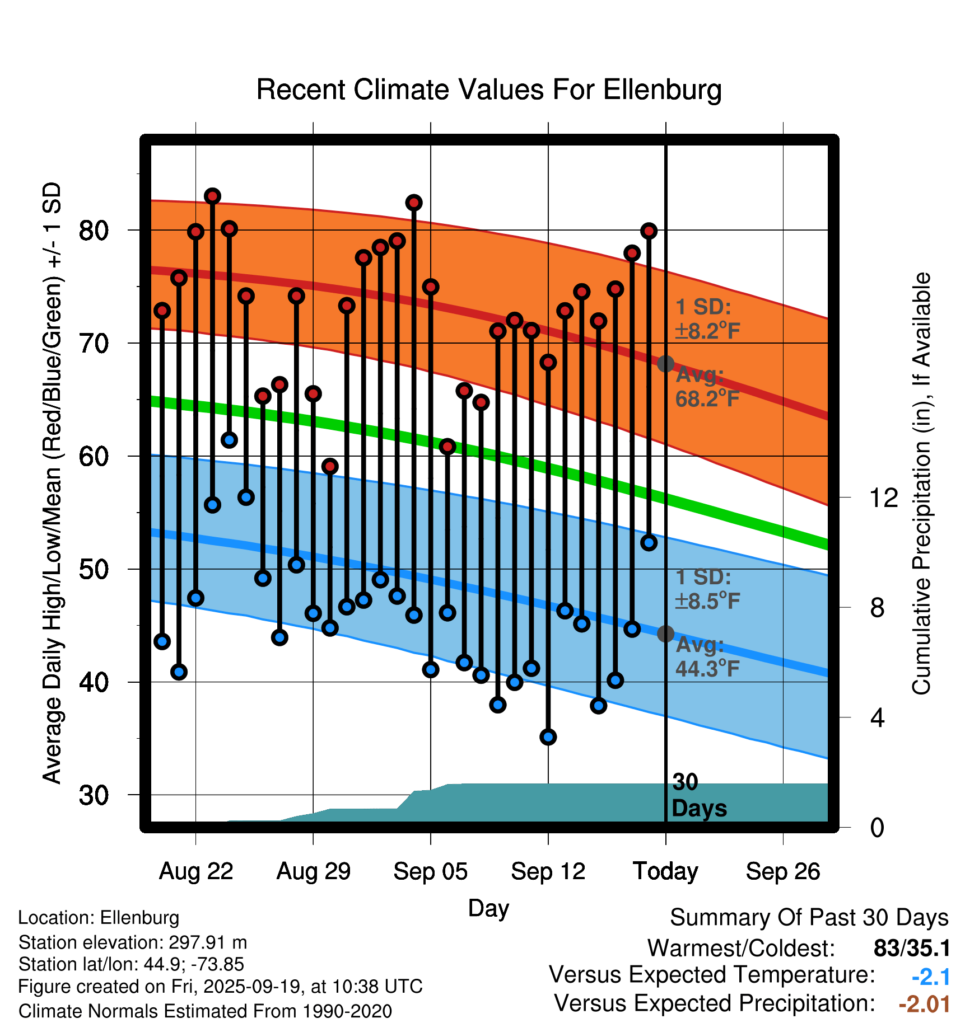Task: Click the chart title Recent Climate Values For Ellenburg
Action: click(489, 90)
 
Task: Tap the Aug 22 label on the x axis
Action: click(196, 871)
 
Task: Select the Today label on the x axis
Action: click(665, 871)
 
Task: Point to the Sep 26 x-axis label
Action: click(783, 871)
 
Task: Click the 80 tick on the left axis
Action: click(94, 230)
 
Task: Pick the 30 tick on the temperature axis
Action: click(94, 795)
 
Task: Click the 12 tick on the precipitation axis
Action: click(884, 498)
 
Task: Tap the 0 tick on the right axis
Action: click(878, 827)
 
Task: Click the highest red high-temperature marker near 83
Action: click(212, 196)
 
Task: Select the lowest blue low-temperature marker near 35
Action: click(548, 736)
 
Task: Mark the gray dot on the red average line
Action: click(665, 364)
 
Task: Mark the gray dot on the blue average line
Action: click(665, 633)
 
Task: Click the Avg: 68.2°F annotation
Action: click(707, 387)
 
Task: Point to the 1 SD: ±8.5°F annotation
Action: click(707, 589)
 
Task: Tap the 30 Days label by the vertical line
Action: click(698, 795)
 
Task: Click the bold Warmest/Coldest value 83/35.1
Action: click(912, 948)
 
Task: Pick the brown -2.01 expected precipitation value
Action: click(924, 1004)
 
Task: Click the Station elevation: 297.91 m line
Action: click(133, 942)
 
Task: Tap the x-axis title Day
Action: click(488, 908)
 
